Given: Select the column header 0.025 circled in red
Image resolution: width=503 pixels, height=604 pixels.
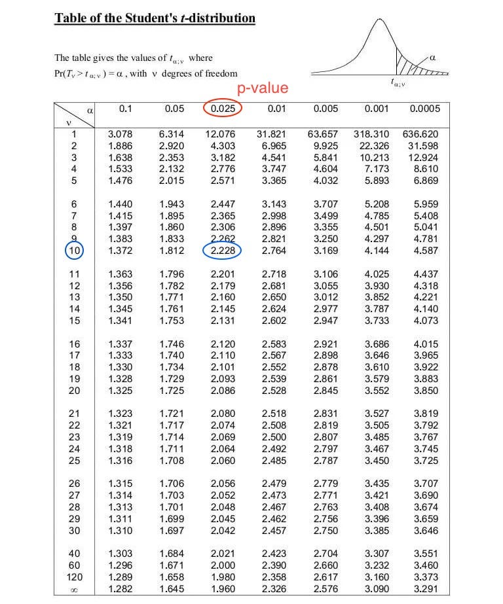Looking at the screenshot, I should [223, 109].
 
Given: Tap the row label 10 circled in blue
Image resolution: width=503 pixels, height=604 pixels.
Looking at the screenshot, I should [74, 251].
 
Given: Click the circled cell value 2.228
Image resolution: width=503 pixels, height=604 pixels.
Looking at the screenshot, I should [222, 251].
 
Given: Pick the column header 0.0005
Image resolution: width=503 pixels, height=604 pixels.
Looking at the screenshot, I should [424, 109].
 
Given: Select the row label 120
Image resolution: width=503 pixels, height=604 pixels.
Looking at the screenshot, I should [74, 578].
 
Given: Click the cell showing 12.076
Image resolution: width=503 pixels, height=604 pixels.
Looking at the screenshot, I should [220, 133].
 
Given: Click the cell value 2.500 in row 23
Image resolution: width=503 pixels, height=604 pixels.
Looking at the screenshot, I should [273, 438].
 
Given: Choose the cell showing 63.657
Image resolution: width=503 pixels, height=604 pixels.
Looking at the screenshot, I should [322, 133].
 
